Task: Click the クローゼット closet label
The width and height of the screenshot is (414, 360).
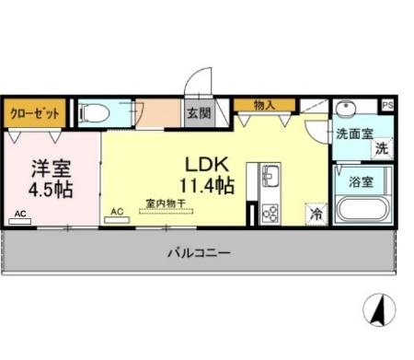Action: coord(35,113)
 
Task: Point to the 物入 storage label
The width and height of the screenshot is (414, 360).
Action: coord(263,105)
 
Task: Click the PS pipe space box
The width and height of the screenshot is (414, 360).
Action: coord(387,105)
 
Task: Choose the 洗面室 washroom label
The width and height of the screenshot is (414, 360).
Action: coord(353,134)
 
